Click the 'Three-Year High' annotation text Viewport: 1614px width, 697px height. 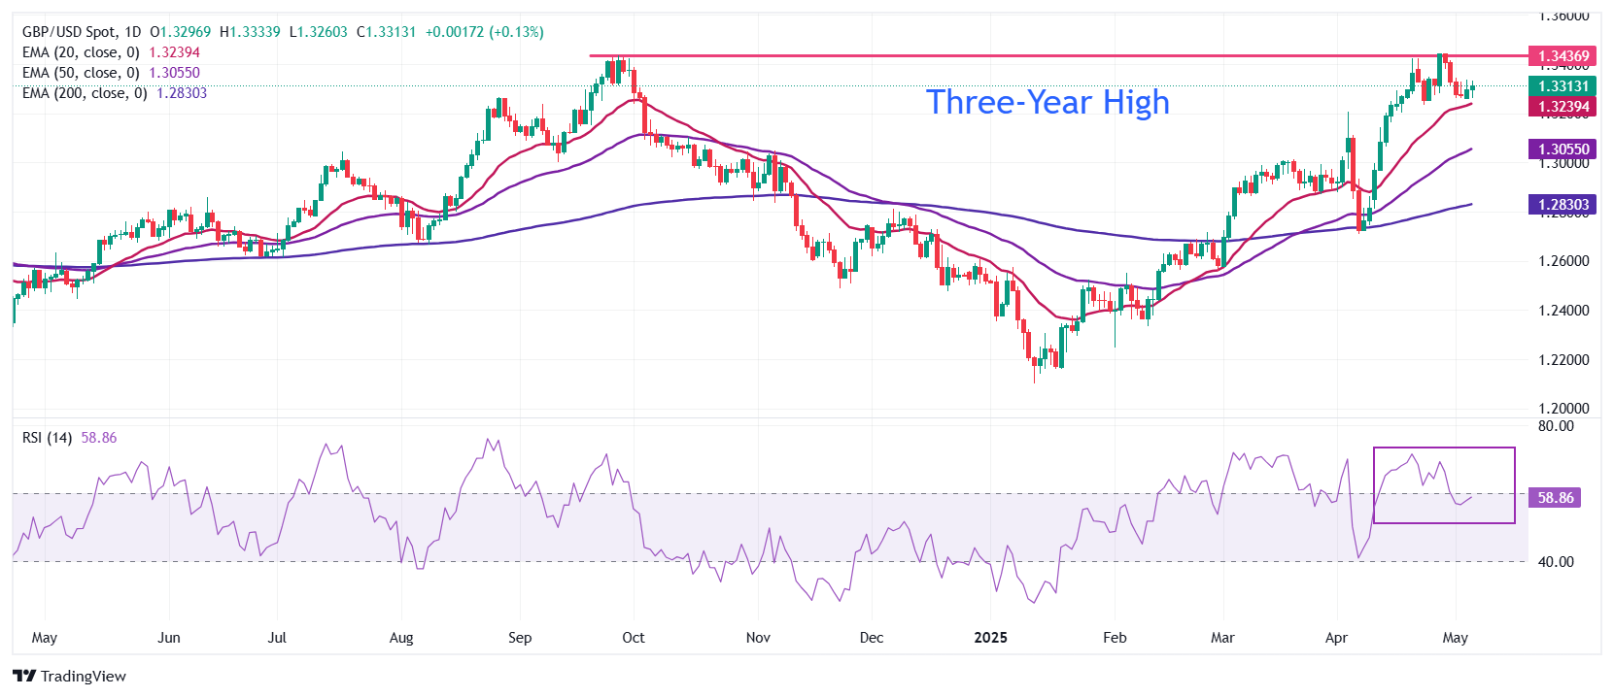(x=1047, y=102)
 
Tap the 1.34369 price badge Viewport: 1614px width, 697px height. (x=1562, y=56)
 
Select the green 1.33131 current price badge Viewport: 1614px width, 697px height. (x=1562, y=86)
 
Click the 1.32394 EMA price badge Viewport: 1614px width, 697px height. (x=1562, y=107)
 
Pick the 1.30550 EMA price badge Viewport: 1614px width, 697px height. (x=1562, y=149)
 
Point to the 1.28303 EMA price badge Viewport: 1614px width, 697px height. (x=1562, y=205)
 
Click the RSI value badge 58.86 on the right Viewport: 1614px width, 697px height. (x=1555, y=498)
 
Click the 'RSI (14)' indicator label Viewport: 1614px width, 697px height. (x=48, y=438)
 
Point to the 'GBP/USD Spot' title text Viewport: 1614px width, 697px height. (x=68, y=32)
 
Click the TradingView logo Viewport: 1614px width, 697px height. (x=70, y=677)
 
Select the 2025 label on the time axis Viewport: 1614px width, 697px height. (x=990, y=638)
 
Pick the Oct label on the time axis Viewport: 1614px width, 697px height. (x=634, y=638)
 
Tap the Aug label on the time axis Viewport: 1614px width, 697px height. (x=401, y=638)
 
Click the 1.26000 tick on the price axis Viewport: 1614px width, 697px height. (x=1563, y=261)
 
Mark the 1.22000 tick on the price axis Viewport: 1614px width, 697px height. (x=1563, y=360)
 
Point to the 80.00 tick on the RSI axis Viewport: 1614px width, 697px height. (x=1556, y=426)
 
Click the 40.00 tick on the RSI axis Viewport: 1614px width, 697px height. (x=1556, y=562)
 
